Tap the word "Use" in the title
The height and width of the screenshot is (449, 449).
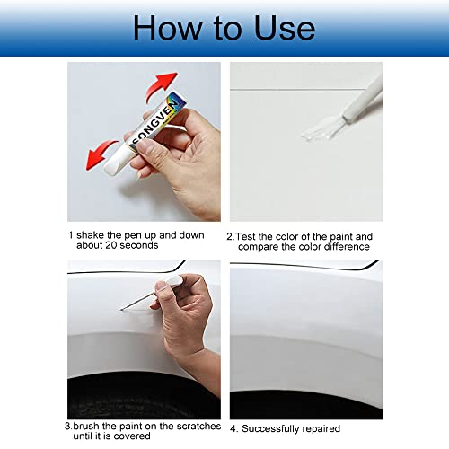coord(277,27)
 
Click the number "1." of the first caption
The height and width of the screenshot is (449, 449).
coord(72,235)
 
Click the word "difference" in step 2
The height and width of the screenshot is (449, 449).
coord(340,247)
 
